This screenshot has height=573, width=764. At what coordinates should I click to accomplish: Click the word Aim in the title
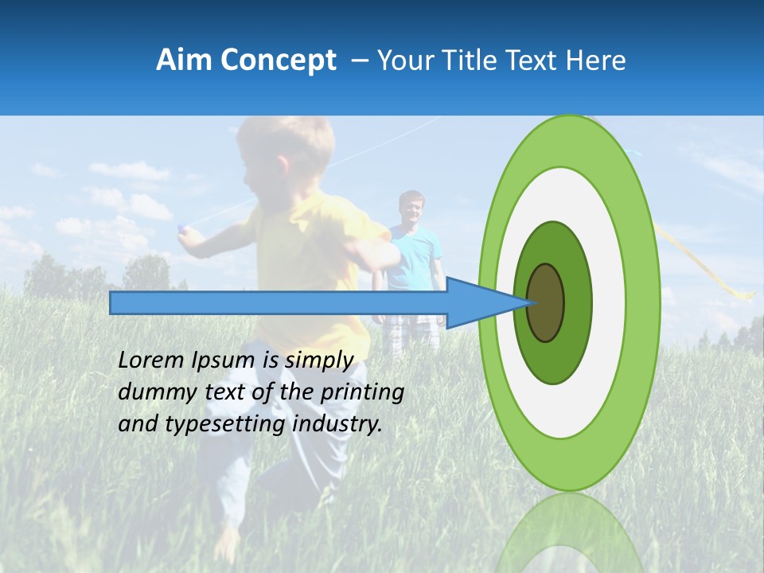(x=184, y=60)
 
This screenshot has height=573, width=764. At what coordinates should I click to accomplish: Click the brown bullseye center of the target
(x=546, y=302)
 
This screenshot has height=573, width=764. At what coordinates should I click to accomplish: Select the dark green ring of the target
(x=576, y=302)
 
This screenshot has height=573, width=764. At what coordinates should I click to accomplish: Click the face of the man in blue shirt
(x=411, y=209)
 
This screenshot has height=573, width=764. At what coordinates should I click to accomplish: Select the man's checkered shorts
(x=411, y=333)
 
